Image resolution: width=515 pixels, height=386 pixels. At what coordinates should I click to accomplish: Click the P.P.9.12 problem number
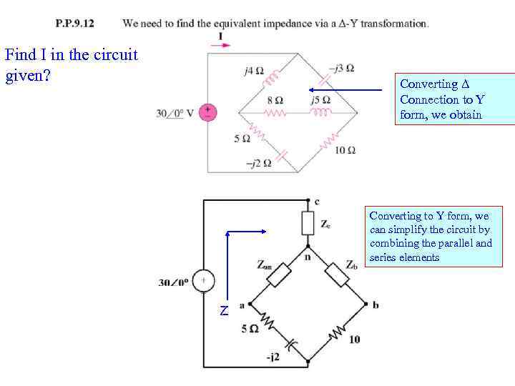tap(75, 23)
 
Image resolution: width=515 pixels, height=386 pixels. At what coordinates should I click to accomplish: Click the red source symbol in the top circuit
tap(207, 112)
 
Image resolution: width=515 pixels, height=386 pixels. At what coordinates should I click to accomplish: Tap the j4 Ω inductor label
tap(253, 71)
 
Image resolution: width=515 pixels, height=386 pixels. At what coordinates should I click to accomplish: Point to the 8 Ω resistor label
tap(275, 99)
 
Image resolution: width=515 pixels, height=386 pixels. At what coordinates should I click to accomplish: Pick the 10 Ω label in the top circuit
tap(345, 150)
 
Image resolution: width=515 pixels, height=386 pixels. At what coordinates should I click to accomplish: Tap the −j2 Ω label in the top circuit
tap(258, 163)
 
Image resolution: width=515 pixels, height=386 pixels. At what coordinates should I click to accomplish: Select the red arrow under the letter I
tap(220, 45)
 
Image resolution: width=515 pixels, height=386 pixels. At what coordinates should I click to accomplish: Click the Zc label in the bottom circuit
tap(325, 224)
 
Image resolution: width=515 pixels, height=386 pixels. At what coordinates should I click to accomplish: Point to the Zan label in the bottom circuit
tap(265, 264)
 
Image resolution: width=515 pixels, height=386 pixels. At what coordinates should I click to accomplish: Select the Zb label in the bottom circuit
tap(352, 264)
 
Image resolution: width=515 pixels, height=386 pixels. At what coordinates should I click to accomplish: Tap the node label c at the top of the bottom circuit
tap(318, 201)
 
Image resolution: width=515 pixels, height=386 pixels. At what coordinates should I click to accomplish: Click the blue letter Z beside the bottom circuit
tap(225, 311)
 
